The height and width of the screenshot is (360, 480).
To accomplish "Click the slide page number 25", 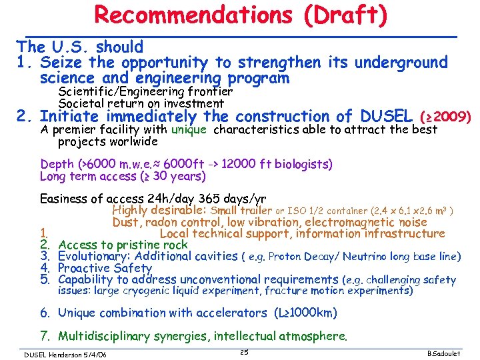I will click(243, 351).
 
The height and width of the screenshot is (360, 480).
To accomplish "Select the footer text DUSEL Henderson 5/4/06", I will click(65, 353).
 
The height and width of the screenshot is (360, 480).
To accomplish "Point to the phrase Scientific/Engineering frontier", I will click(145, 91).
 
